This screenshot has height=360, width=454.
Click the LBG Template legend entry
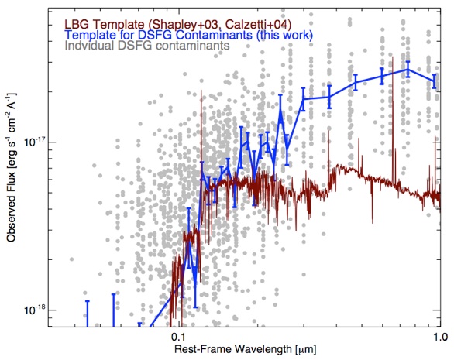(177, 24)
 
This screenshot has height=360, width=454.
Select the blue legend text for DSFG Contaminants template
(189, 35)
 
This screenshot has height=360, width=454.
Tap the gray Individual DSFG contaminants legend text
(147, 46)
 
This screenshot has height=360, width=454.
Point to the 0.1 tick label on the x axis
(179, 338)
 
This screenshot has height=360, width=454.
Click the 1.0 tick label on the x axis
(441, 338)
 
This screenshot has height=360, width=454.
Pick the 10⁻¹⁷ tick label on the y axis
(33, 142)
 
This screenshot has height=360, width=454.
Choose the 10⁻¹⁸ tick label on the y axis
(33, 310)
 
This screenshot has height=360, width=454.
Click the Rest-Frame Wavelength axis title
(245, 349)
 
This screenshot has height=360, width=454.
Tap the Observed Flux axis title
(12, 167)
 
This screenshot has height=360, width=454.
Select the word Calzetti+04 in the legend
(258, 24)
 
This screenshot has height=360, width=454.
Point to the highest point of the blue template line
(408, 70)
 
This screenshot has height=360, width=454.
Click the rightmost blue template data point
(434, 81)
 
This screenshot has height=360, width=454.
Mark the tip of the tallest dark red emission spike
(393, 57)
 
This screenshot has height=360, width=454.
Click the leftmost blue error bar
(87, 314)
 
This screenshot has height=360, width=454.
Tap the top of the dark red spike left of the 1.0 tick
(435, 137)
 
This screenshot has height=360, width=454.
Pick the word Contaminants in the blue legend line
(215, 35)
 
